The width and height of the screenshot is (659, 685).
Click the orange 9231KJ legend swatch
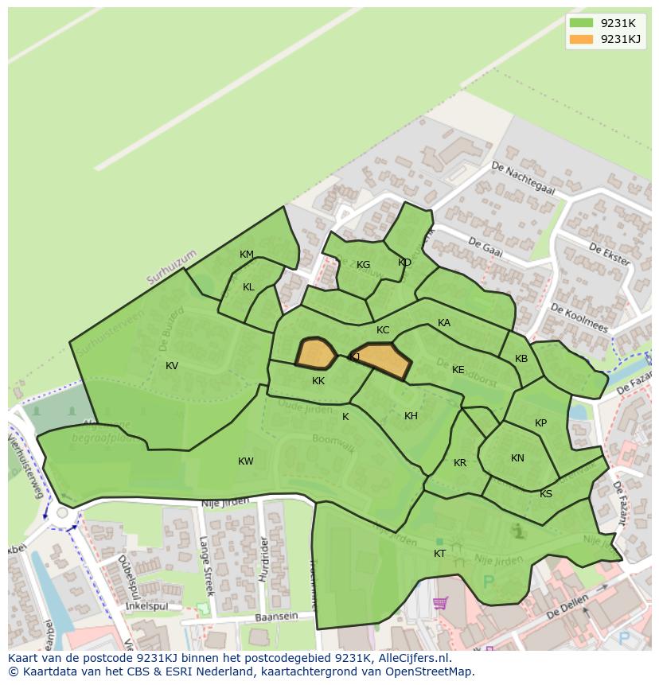pos(582,39)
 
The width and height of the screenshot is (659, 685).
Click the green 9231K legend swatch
pos(582,23)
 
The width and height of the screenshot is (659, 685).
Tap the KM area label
pos(247,255)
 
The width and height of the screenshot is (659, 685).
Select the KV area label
pos(172,366)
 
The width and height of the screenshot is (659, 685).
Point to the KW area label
pos(246,461)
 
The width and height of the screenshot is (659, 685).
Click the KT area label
pos(440,554)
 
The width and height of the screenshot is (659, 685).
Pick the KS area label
pos(546,494)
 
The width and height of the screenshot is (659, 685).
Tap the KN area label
pos(518,458)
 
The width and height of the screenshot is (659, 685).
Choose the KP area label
pos(541,423)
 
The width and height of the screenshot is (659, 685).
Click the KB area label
pos(521,359)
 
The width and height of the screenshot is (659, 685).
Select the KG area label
pos(364,265)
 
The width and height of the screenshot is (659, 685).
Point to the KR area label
pos(460,463)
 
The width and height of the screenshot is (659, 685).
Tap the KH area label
pos(411,416)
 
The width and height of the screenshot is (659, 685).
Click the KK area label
pos(318,381)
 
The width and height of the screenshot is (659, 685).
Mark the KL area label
pos(249,287)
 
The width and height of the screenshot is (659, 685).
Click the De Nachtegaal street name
pos(522,178)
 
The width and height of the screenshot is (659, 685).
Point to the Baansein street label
pos(276,617)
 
